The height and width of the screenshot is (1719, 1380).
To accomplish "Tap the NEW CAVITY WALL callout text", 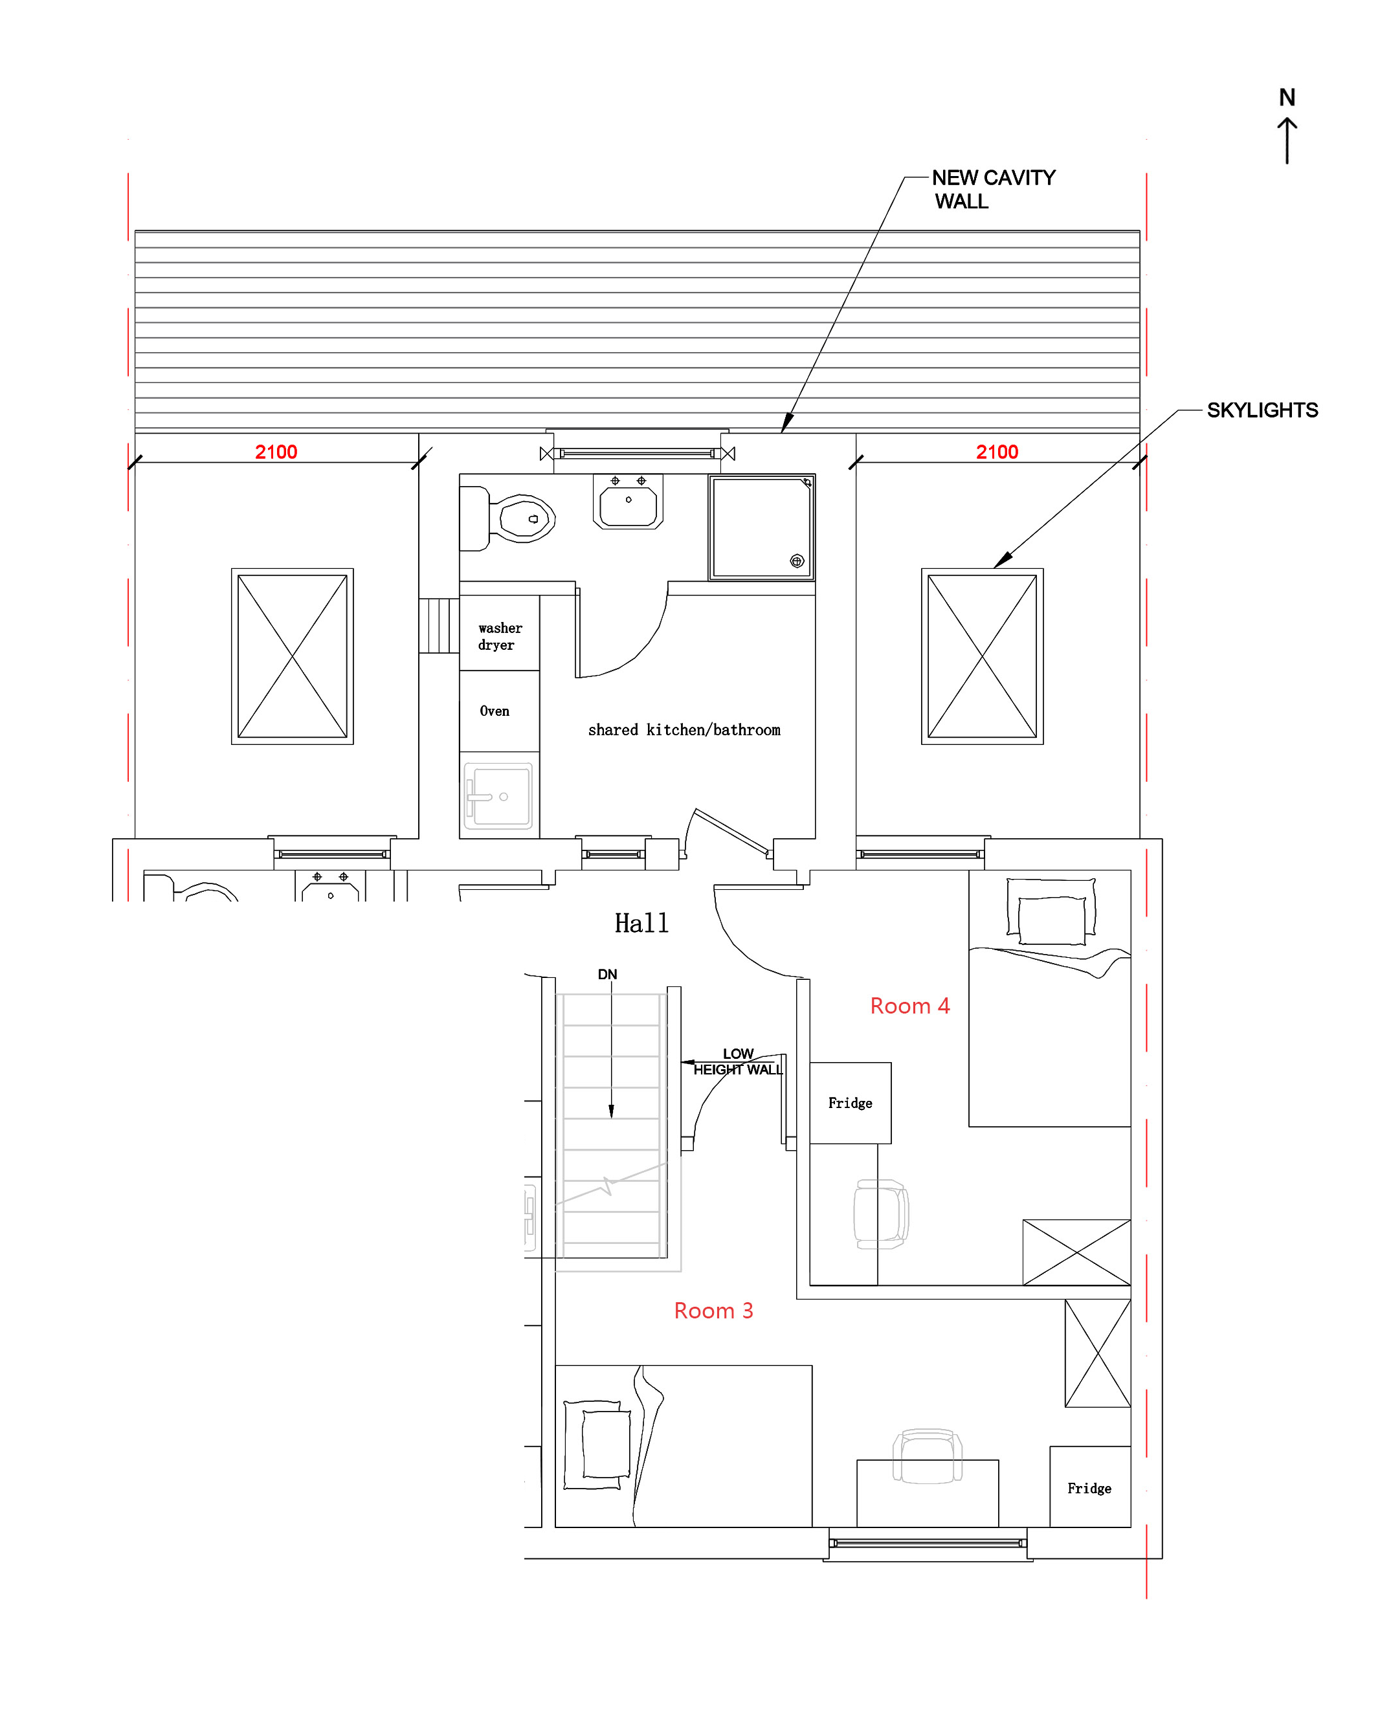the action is tap(994, 189).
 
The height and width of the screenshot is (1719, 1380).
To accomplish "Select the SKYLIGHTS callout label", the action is tap(1262, 410).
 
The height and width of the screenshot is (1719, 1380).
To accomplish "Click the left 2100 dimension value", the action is tap(276, 452).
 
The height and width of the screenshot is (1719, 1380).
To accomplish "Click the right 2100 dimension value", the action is tap(997, 452).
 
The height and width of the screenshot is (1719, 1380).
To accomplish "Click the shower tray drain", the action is tap(796, 561).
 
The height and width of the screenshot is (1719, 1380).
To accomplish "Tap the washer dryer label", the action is tap(500, 636).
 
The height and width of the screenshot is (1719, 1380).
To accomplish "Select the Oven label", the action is tap(495, 711).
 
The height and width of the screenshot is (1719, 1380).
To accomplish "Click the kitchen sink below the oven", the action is tap(498, 795).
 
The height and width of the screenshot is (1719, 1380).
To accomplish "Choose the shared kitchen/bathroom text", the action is tap(684, 729).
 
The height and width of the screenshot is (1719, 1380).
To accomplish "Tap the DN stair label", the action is tap(608, 974).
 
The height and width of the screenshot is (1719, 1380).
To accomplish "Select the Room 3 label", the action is tap(713, 1311).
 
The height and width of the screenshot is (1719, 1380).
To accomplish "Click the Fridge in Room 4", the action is tap(850, 1103).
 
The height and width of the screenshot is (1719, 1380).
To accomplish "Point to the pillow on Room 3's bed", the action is tap(606, 1444).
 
